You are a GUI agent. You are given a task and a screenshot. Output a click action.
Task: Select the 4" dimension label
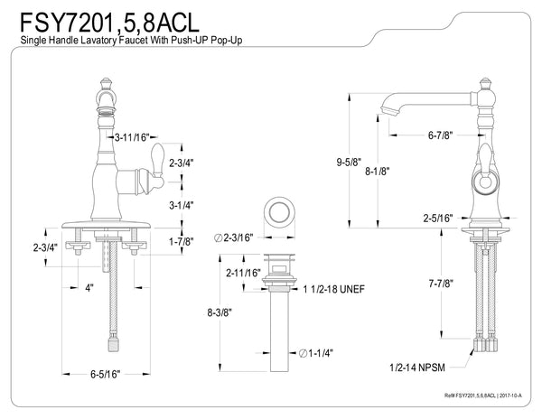(88, 289)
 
